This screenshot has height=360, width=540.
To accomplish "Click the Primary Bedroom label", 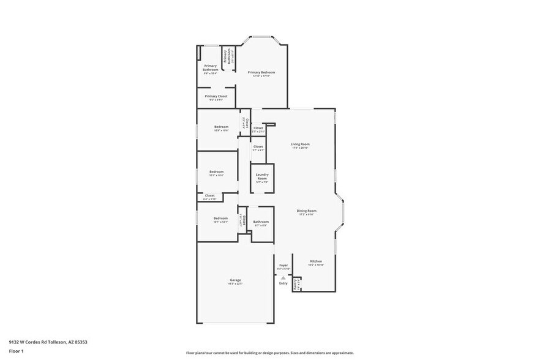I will pyautogui.click(x=261, y=73).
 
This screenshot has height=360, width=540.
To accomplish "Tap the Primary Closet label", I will pyautogui.click(x=216, y=97).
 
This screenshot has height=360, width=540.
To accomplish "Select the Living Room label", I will pyautogui.click(x=300, y=145).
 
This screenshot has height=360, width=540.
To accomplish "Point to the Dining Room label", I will pyautogui.click(x=306, y=211).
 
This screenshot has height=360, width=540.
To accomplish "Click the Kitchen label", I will pyautogui.click(x=315, y=262).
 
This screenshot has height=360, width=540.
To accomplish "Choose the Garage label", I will pyautogui.click(x=235, y=281).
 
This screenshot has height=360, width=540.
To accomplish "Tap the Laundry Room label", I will pyautogui.click(x=262, y=176).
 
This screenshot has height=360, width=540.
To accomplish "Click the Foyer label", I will pyautogui.click(x=283, y=266).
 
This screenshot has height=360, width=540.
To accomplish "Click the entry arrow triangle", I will pyautogui.click(x=283, y=277).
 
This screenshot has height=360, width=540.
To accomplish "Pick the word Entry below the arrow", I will pyautogui.click(x=283, y=283).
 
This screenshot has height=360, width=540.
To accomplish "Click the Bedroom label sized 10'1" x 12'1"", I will pyautogui.click(x=220, y=219).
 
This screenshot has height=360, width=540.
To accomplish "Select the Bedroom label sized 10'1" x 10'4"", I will pyautogui.click(x=216, y=173).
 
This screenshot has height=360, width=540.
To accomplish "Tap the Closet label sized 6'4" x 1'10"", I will pyautogui.click(x=209, y=197).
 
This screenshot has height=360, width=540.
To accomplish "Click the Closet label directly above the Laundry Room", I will pyautogui.click(x=258, y=148).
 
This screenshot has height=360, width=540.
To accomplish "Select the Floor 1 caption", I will pyautogui.click(x=16, y=351).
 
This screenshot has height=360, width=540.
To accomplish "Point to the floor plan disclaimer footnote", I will pyautogui.click(x=269, y=353).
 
